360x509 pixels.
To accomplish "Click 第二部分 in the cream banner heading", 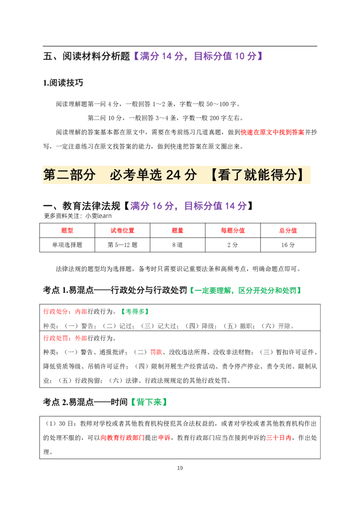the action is tap(70, 175).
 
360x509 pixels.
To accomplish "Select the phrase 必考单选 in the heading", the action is tap(135, 175).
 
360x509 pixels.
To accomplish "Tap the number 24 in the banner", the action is tap(173, 175).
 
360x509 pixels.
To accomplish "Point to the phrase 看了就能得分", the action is tap(257, 175).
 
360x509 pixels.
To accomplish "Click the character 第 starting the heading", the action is tap(50, 175).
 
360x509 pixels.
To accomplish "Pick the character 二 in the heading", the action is tap(63, 175).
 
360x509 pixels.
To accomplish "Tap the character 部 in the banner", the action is tap(76, 175).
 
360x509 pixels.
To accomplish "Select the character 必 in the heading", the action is tap(116, 175).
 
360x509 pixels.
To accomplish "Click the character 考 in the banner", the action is tap(129, 175).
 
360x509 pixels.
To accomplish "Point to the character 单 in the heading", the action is tap(142, 175).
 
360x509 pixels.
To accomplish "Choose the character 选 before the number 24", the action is tap(155, 175).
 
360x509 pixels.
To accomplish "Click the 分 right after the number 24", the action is tap(191, 175).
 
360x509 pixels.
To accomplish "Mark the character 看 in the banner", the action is tap(225, 175).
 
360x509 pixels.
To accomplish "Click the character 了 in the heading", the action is tap(238, 175).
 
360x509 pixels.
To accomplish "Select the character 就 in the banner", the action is tap(251, 175).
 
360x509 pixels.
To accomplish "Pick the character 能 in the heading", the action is tap(264, 175).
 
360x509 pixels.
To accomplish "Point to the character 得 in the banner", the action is tap(277, 175).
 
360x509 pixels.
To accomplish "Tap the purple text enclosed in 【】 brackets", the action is tap(198, 56).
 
